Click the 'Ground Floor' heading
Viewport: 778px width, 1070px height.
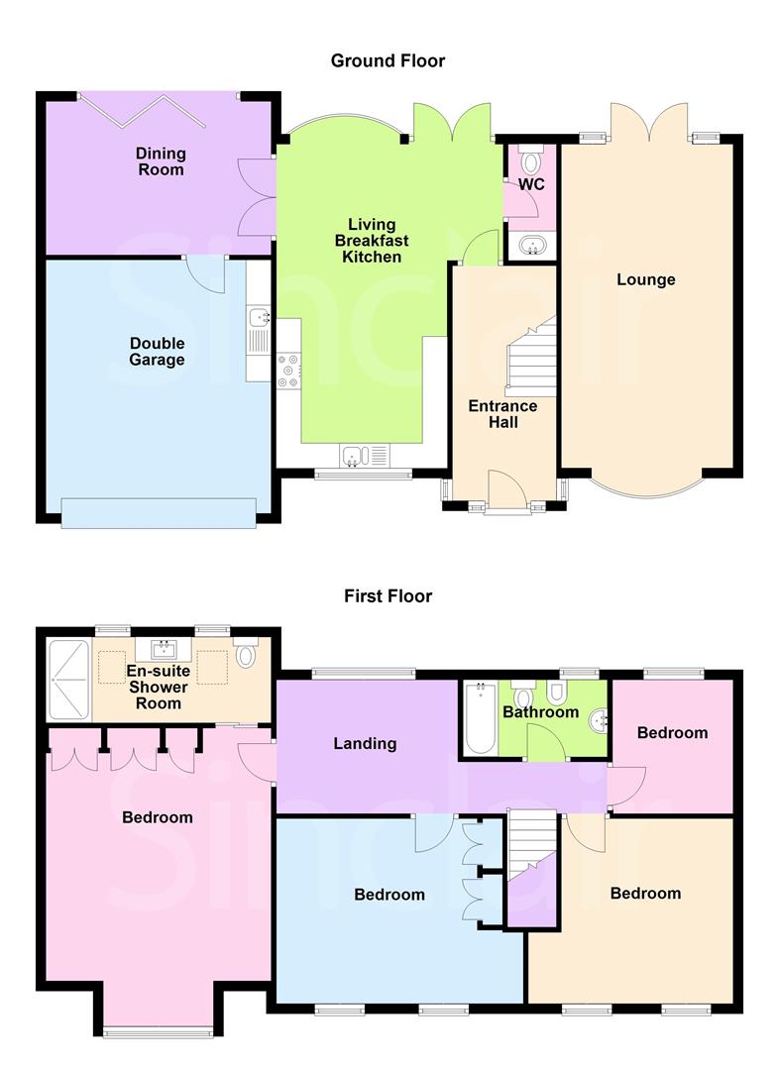(x=388, y=61)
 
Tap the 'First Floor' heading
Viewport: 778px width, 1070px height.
(x=388, y=596)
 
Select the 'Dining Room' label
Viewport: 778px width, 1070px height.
(x=161, y=161)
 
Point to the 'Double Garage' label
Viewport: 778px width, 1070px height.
(x=157, y=352)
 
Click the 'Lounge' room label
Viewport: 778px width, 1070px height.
(x=645, y=279)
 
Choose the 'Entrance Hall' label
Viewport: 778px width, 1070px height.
(x=502, y=414)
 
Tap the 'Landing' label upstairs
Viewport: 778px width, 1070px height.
(x=365, y=743)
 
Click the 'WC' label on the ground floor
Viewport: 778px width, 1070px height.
(x=532, y=184)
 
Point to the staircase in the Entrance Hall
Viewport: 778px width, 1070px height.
(x=531, y=357)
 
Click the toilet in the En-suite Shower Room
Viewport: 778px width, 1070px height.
(x=247, y=654)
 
